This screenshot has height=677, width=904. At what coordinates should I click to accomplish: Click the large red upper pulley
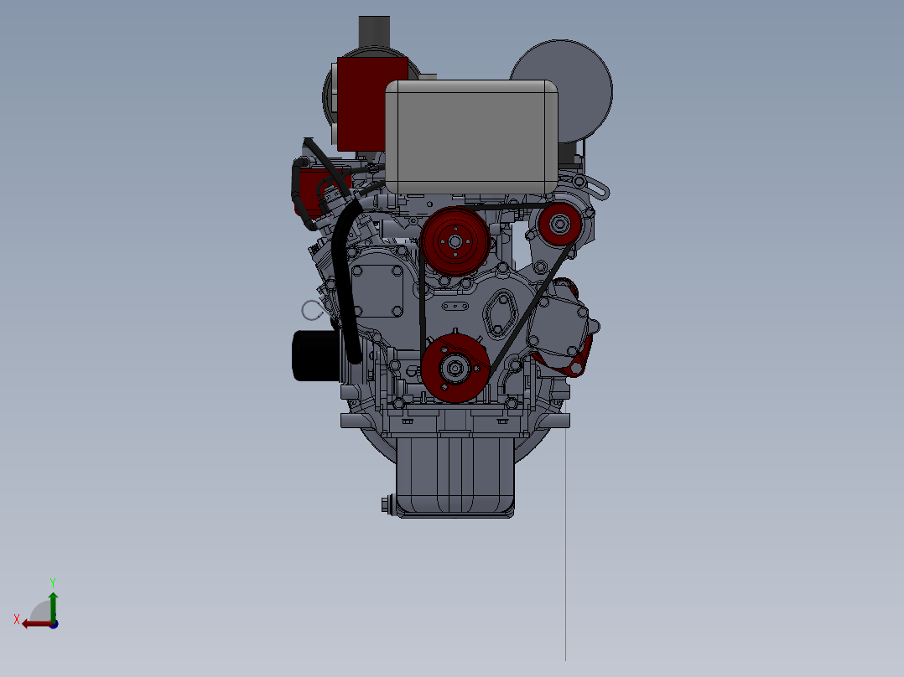(455, 240)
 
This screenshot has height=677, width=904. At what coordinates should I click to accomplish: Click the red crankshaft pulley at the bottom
(455, 368)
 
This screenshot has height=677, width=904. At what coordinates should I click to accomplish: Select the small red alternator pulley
(560, 224)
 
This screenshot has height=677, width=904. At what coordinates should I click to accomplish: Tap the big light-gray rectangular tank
(471, 137)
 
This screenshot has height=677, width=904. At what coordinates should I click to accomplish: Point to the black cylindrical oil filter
(315, 355)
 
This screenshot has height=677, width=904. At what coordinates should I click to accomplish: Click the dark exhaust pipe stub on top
(374, 33)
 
